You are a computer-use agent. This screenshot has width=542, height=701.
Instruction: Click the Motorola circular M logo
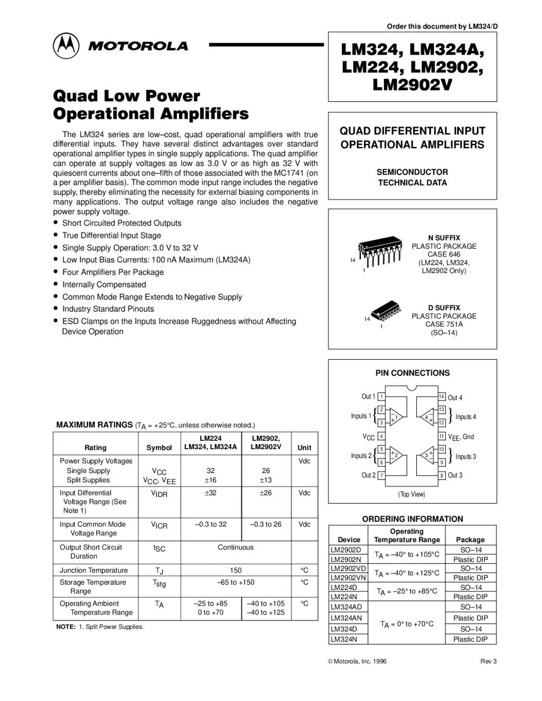66,46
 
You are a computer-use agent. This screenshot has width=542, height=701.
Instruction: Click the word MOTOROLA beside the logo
138,46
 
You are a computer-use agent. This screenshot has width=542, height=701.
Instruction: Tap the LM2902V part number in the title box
412,85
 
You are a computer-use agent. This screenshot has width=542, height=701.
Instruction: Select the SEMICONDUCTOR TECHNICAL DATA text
412,177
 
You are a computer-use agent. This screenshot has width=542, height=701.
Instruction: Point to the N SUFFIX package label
444,238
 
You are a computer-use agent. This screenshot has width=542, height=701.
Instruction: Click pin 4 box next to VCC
381,437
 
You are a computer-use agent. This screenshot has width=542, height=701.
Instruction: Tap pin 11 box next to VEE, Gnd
442,437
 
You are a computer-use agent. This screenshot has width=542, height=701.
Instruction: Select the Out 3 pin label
455,475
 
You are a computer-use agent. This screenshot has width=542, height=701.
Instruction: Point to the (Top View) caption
412,494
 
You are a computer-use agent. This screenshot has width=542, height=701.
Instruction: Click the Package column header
470,540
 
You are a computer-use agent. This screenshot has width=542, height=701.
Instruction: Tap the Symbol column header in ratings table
159,448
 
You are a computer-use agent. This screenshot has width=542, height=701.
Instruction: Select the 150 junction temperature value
236,570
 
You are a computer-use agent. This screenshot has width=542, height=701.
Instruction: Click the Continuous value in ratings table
236,547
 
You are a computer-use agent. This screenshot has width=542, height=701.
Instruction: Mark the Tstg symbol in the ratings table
159,584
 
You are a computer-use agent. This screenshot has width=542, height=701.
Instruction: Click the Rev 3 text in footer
488,661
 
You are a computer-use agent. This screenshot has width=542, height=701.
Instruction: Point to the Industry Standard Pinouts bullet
108,309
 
